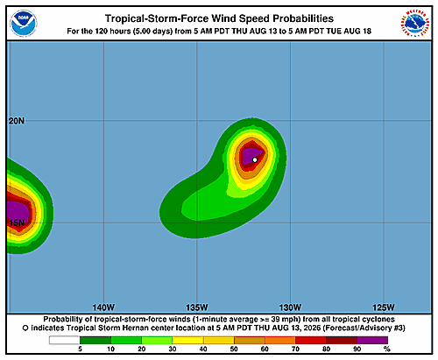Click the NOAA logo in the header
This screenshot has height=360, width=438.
pos(24,24)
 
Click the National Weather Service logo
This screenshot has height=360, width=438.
pos(415,24)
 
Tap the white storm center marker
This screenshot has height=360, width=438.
pos(255,159)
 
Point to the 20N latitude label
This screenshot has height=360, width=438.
pos(17,121)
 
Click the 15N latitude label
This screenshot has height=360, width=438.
pos(17,223)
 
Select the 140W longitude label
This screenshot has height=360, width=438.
pos(103,307)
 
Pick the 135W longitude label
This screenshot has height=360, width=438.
pos(197,307)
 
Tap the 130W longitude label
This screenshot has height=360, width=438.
pos(290,307)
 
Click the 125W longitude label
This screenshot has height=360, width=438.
pos(384,307)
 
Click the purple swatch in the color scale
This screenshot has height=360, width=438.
pos(372,340)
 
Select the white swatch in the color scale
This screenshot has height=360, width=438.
pos(64,340)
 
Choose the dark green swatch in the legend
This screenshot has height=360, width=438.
pos(95,340)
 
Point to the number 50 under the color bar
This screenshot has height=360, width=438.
pos(234,349)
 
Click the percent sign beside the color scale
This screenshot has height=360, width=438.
pos(387,349)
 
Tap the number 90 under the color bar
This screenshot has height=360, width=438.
pos(357,349)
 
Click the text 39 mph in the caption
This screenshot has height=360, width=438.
pos(286,320)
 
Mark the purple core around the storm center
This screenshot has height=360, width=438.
pos(251,156)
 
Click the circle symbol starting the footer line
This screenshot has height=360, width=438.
pos(25,328)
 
